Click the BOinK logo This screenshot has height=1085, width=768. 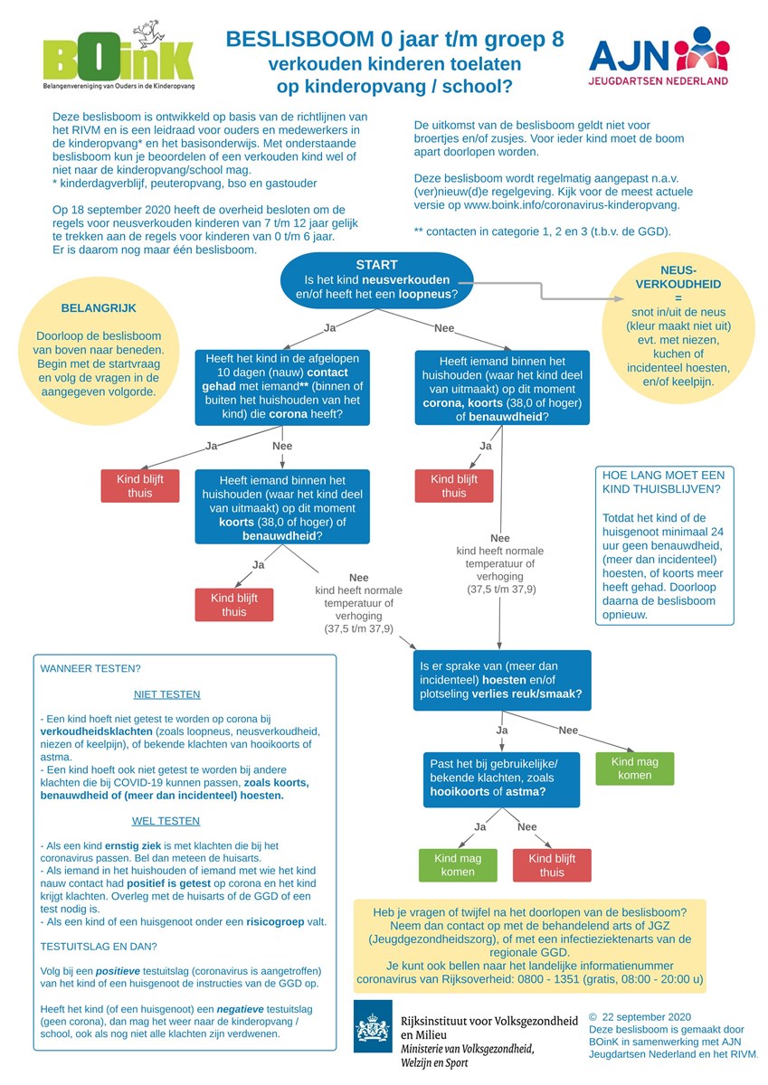[x=119, y=56]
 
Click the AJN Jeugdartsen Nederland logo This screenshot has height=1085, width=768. [x=659, y=56]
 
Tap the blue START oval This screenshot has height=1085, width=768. [x=376, y=280]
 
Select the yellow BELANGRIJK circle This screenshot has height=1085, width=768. [x=99, y=351]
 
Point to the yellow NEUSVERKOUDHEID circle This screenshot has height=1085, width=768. [x=678, y=326]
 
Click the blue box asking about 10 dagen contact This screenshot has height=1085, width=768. [x=282, y=387]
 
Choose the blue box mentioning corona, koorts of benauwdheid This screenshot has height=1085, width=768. [x=502, y=388]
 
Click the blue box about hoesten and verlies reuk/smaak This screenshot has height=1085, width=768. [x=502, y=680]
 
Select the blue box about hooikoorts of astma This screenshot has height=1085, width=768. [x=501, y=779]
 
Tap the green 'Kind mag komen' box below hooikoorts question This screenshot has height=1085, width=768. [x=458, y=865]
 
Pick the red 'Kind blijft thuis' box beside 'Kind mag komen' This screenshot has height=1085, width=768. [x=552, y=865]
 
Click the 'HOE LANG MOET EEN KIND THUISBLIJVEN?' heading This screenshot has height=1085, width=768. [x=663, y=482]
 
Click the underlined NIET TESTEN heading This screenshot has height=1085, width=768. [x=166, y=694]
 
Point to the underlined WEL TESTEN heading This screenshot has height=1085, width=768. [x=166, y=821]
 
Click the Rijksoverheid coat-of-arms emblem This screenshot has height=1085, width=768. [x=373, y=1026]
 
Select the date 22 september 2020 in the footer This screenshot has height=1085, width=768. [x=647, y=1017]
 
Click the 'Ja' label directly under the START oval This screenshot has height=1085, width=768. [x=329, y=328]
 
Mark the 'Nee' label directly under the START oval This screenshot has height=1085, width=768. [x=444, y=328]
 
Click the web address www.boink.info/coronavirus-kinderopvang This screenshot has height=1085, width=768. [x=572, y=205]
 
